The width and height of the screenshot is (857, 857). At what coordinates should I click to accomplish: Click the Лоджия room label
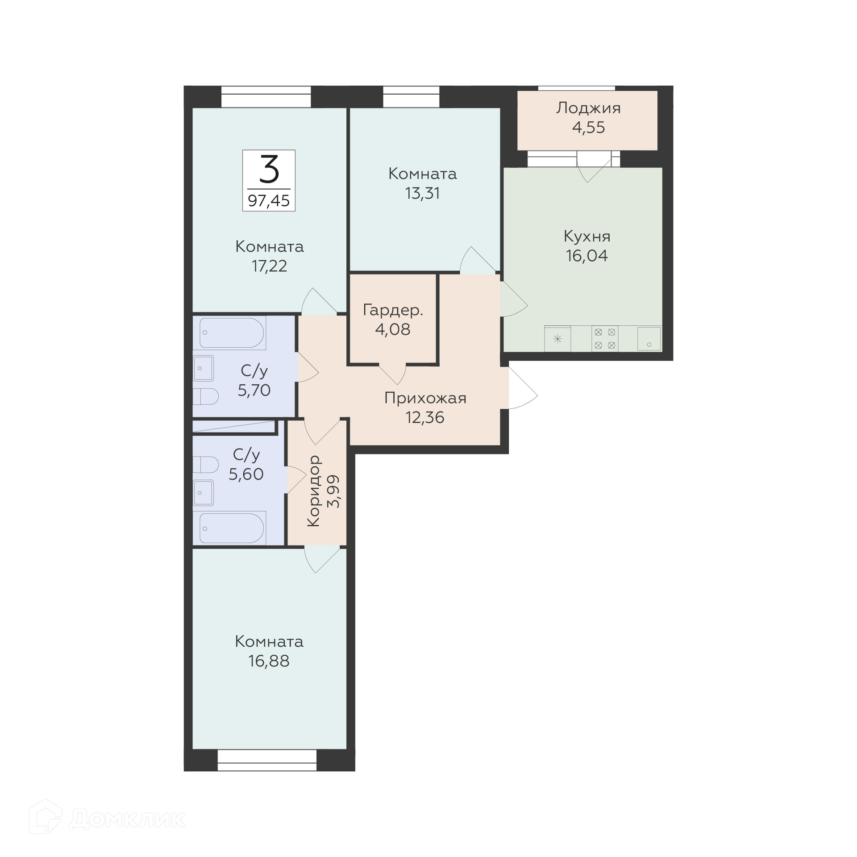pos(588,108)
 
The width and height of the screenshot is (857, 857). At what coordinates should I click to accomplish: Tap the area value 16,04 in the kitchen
pos(587,256)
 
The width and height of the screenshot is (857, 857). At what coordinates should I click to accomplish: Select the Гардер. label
pos(393,310)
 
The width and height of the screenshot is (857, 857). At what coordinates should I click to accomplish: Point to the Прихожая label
pos(425,398)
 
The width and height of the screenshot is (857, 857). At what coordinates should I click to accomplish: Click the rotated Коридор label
pos(314,491)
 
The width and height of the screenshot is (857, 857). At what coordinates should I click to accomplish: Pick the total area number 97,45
pos(269,201)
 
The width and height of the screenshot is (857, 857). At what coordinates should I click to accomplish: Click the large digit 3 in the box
pos(269,169)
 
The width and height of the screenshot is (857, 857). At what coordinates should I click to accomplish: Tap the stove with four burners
pos(605,339)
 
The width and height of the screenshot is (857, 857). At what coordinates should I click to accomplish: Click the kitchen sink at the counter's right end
pos(649,339)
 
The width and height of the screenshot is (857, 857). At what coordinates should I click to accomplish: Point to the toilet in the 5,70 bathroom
pos(205,396)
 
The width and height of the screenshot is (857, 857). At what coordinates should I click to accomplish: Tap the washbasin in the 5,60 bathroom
pos(203,493)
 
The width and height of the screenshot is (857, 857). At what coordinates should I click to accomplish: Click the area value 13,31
pos(422,193)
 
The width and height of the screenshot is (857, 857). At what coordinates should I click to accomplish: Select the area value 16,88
pos(269,661)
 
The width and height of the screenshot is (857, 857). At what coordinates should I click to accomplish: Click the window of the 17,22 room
pos(266,96)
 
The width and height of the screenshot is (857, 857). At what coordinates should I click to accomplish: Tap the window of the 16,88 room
pos(267,760)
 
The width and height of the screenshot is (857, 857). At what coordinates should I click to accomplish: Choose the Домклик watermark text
pos(127,819)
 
